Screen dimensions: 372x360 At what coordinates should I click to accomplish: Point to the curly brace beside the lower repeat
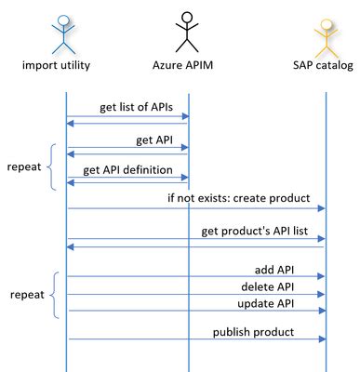coord(54,295)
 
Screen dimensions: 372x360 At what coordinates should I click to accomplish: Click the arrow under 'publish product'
coord(195,340)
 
